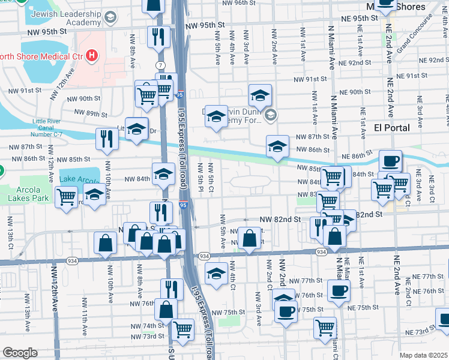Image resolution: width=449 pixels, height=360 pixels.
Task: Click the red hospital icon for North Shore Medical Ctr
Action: (x=91, y=56)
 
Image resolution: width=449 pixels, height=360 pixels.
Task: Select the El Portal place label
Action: (x=391, y=128)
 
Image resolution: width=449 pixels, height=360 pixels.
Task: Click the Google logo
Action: (x=20, y=353)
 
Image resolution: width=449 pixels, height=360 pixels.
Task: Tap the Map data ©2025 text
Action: (x=423, y=355)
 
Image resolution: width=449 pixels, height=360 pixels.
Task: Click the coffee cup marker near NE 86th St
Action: (x=390, y=161)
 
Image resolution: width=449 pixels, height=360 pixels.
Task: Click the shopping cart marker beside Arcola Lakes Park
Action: (x=66, y=196)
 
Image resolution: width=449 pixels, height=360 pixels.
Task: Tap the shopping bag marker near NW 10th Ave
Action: (x=105, y=242)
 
